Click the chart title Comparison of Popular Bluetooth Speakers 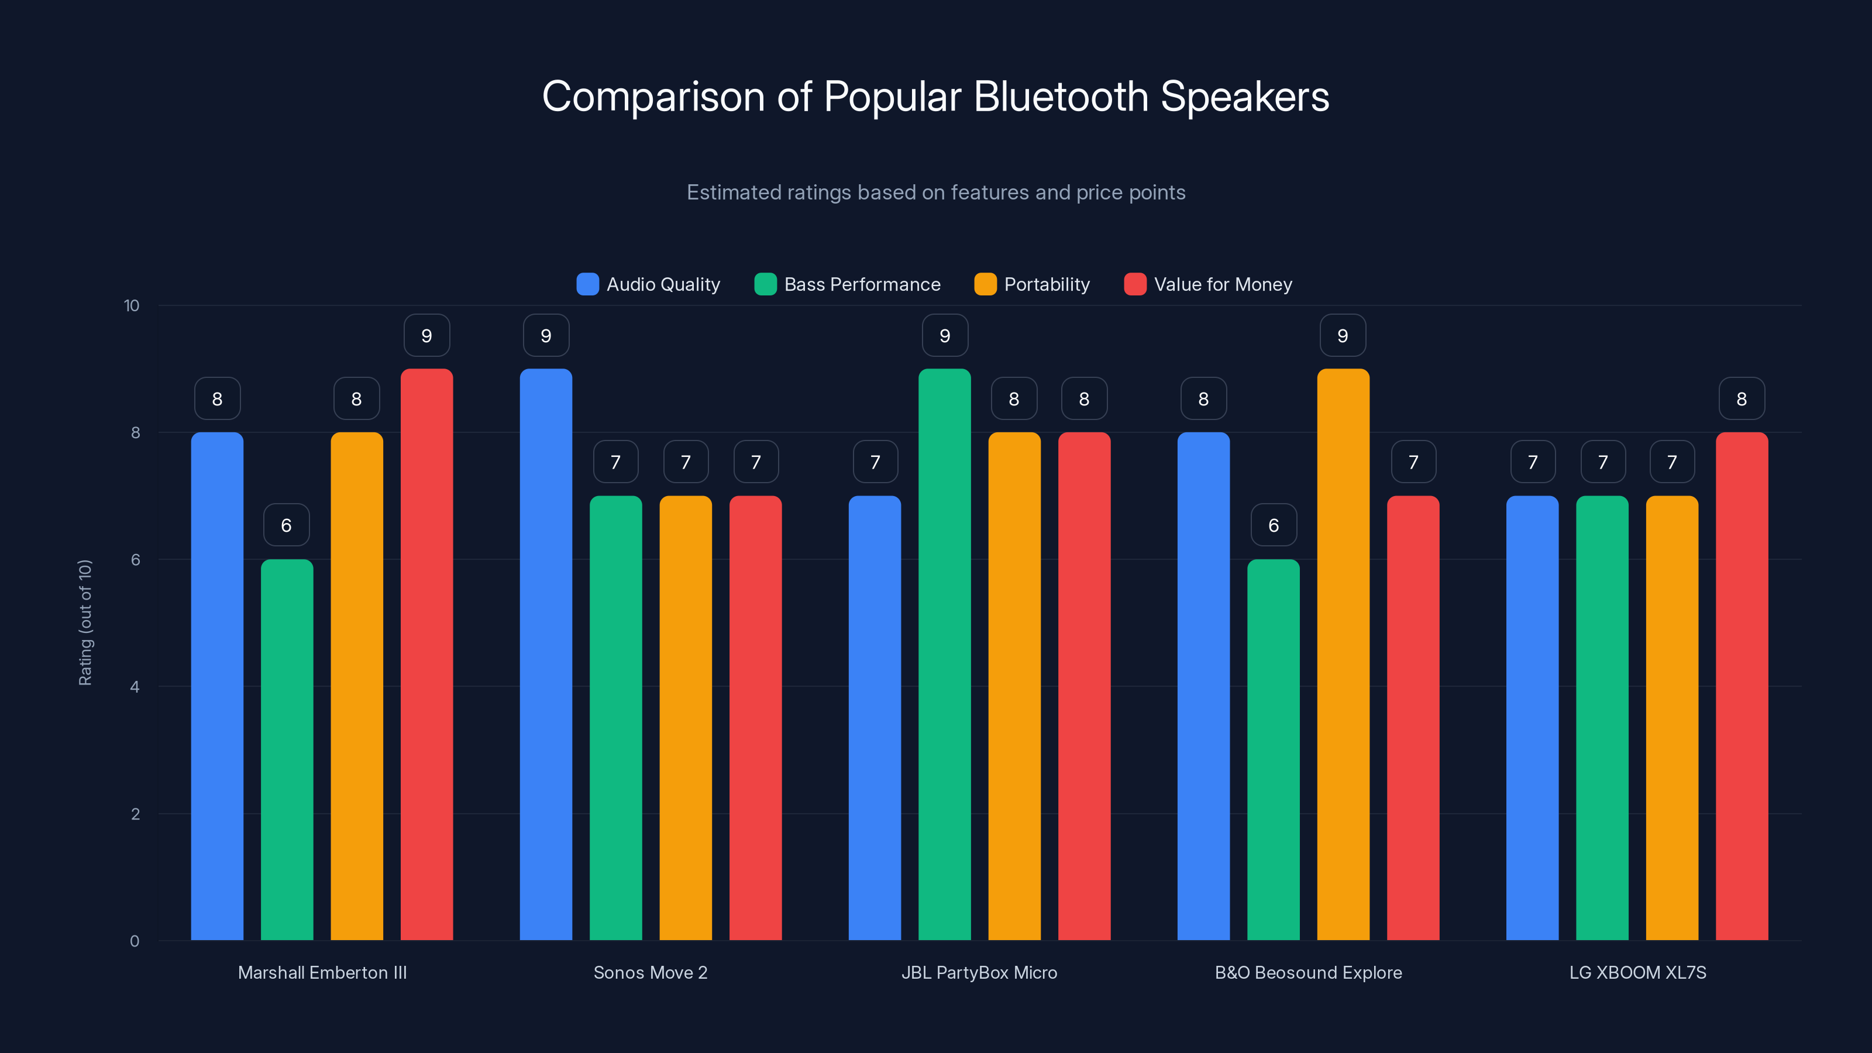pos(935,97)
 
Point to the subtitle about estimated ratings pos(935,192)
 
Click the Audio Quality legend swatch pos(587,284)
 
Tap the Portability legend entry pos(1032,284)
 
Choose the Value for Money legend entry pos(1208,284)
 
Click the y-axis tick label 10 pos(132,306)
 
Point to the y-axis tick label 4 pos(135,687)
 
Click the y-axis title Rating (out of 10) pos(85,623)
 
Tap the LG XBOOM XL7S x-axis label pos(1637,973)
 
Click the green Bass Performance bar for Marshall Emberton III pos(287,749)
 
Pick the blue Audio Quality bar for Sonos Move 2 pos(546,654)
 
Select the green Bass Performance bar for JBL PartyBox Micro pos(944,654)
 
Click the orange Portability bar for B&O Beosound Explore pos(1343,654)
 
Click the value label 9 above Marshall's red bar pos(426,336)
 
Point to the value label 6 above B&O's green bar pos(1273,525)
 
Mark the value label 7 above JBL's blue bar pos(875,462)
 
